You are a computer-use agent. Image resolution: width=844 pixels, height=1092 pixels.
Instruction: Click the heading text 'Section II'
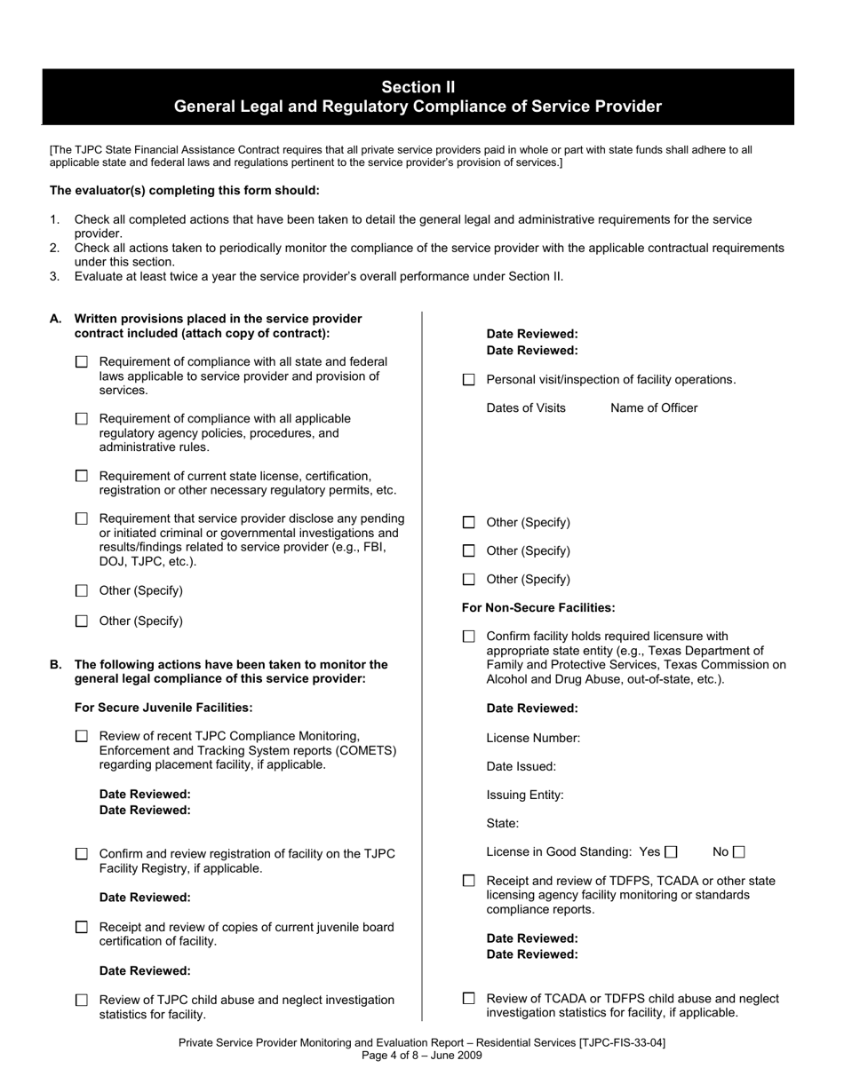pos(418,87)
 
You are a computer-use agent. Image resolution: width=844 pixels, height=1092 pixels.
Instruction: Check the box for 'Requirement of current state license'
pos(82,476)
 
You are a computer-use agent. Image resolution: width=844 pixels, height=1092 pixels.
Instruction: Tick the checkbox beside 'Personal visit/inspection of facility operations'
pos(469,380)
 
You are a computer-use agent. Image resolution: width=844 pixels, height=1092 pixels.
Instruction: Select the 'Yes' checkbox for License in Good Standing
pos(671,852)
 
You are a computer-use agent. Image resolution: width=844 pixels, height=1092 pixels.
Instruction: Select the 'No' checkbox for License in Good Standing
pos(738,852)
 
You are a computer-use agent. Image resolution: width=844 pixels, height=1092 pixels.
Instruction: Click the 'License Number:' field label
pos(533,738)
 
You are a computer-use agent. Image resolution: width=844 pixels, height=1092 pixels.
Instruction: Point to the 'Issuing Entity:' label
pos(525,795)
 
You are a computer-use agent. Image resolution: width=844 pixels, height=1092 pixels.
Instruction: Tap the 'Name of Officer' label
pos(654,408)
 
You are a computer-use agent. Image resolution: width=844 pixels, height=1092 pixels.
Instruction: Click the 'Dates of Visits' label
pos(526,408)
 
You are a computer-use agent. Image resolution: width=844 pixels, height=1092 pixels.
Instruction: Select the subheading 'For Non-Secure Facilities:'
pos(538,608)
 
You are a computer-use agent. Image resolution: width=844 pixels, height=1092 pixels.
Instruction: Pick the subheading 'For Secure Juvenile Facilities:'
pos(163,708)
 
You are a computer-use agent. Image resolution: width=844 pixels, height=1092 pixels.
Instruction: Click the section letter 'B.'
pos(56,664)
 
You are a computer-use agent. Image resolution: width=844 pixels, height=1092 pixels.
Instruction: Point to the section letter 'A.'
pos(56,318)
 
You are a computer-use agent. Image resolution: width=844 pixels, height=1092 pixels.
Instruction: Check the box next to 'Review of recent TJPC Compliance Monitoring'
pos(82,736)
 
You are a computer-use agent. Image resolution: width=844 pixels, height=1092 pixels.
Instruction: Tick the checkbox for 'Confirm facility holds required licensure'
pos(469,637)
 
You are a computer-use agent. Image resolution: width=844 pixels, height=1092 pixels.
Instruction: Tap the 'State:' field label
pos(503,823)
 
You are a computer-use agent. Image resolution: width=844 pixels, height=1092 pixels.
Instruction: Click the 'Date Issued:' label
pos(522,766)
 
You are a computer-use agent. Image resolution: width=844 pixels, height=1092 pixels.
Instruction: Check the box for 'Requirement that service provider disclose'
pos(82,518)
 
